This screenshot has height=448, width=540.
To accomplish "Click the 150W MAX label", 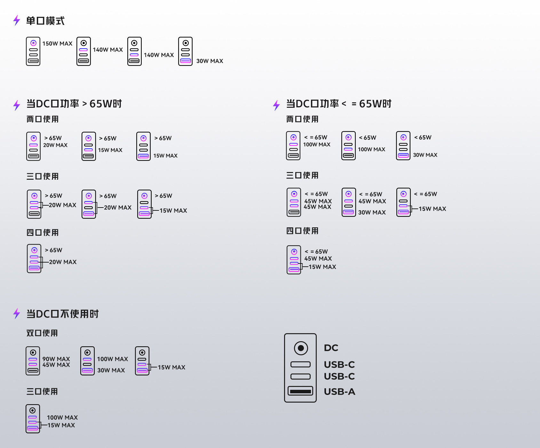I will pos(57,43).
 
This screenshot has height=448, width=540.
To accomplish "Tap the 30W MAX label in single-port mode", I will pos(210,61).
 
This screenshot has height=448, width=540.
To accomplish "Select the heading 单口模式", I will pos(45,21).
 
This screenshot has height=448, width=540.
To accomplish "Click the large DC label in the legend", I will pos(331,348).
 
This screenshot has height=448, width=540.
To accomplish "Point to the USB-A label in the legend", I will pos(339,392).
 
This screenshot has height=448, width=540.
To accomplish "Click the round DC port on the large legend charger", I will pos(301,348).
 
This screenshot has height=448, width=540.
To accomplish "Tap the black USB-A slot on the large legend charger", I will pos(300,391).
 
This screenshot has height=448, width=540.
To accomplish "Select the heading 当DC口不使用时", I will pos(62,314).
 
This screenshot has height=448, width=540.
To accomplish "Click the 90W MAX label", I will pos(56,359).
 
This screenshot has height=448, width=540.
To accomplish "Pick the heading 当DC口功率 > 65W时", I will pos(74,104).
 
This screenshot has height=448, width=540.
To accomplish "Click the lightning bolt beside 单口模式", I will pos(17,20).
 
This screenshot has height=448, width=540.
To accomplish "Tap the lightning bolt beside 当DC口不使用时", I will pos(17,313).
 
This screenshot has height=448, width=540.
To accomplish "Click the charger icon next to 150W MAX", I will pos(33,51).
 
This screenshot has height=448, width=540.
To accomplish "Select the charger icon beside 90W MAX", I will pos(33,361).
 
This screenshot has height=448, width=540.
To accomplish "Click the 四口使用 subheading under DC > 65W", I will pos(43,232).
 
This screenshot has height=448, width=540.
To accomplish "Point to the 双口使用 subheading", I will pos(42,333).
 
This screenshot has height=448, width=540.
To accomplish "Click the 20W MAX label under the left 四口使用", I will pos(63,262).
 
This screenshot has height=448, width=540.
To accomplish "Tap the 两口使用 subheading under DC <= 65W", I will pos(302,119).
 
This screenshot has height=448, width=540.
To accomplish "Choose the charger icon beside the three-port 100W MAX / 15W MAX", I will pos(33,419).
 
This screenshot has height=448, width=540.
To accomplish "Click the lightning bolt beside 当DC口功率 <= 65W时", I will pos(276,105).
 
